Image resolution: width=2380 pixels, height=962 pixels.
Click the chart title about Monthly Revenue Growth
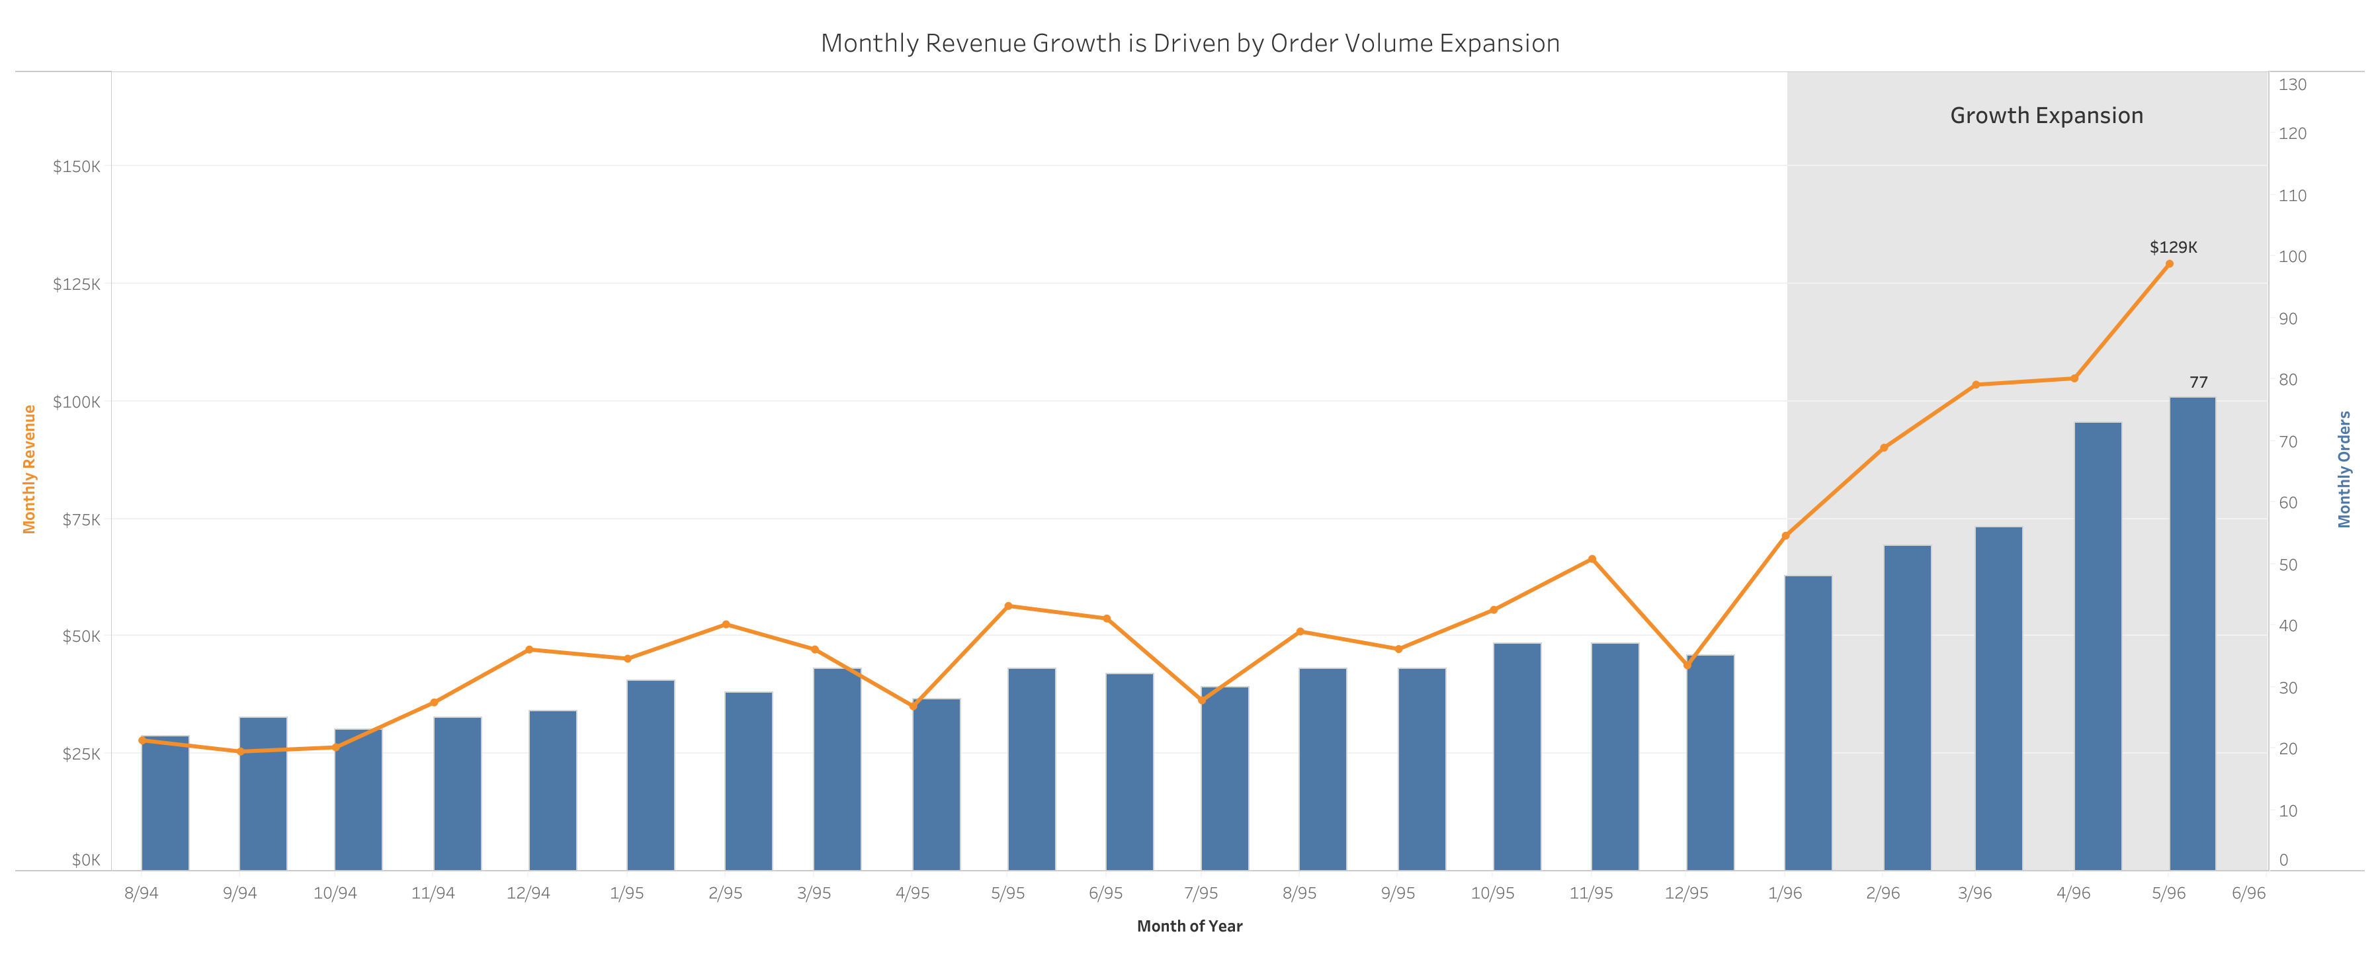coord(1189,44)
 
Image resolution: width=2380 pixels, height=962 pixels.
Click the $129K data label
coord(2172,247)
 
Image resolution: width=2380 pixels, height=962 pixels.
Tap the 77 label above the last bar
coord(2198,382)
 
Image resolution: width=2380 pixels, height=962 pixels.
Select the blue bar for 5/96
coord(2191,638)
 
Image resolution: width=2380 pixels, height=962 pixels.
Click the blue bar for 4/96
coord(2098,647)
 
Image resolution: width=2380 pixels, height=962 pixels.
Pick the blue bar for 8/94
coord(165,804)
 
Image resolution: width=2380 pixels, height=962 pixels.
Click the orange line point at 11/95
coord(1591,559)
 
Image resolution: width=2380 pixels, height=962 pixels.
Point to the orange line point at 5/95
coord(1008,606)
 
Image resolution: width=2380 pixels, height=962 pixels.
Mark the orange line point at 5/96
coord(2170,264)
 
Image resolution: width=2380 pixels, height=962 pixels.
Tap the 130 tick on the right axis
coord(2291,85)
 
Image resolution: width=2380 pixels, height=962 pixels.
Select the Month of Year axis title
coord(1189,926)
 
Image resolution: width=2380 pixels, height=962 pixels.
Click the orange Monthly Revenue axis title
coord(28,470)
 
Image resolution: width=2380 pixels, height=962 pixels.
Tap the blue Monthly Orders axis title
coord(2344,470)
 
